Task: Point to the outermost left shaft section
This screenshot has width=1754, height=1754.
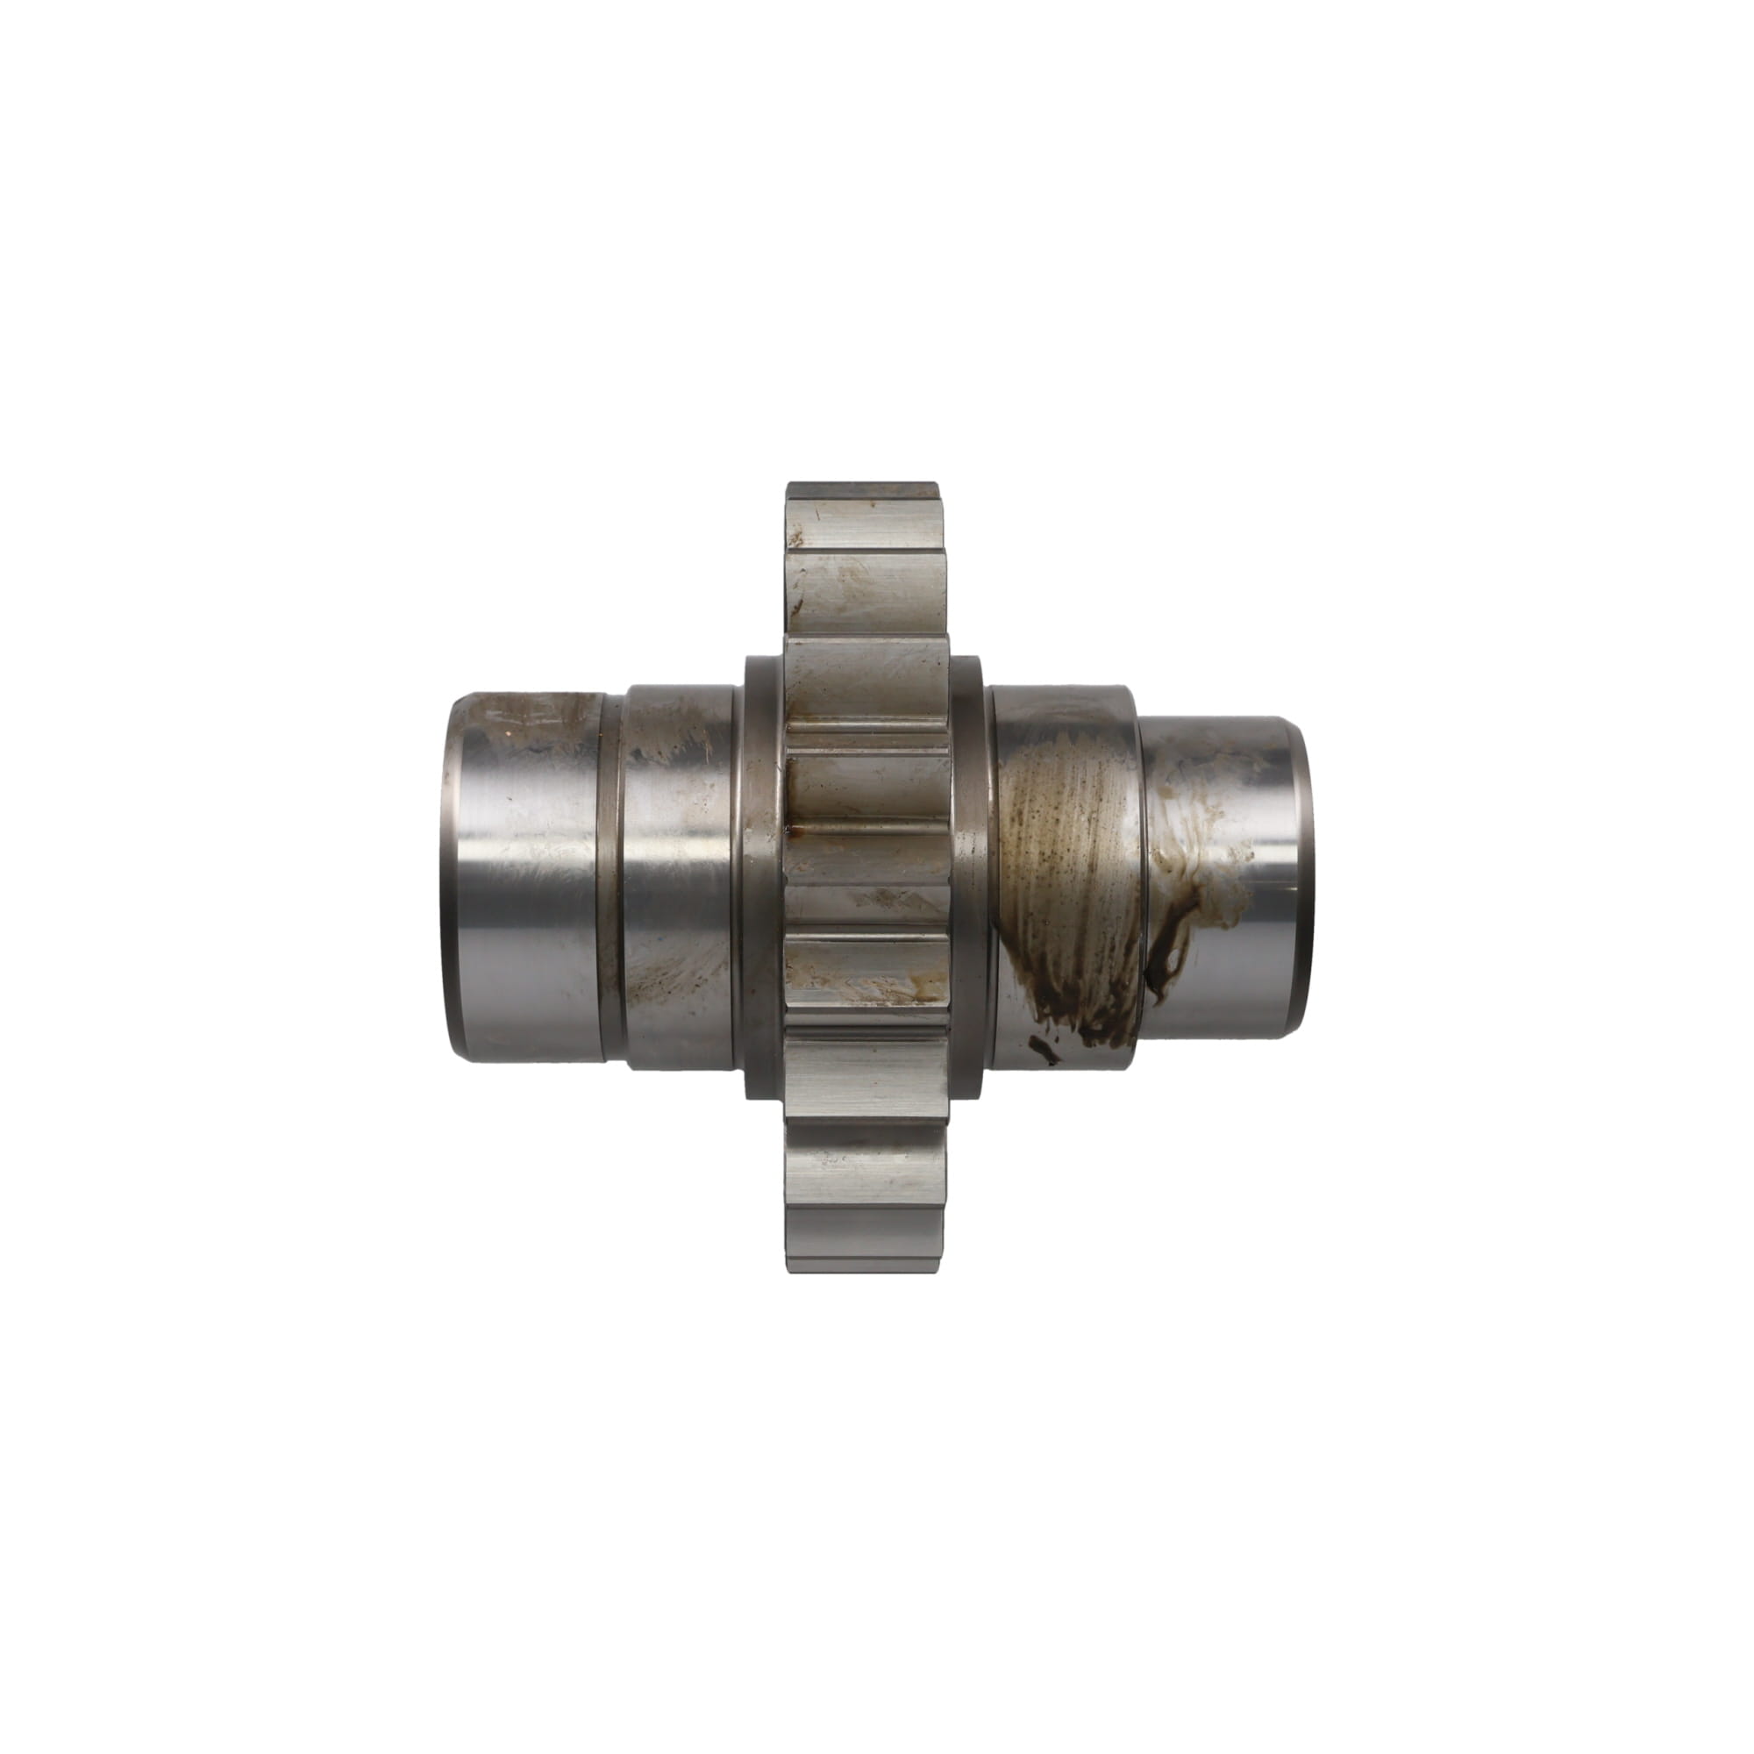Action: pos(526,876)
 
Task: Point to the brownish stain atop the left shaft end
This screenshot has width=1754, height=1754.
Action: pos(536,717)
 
